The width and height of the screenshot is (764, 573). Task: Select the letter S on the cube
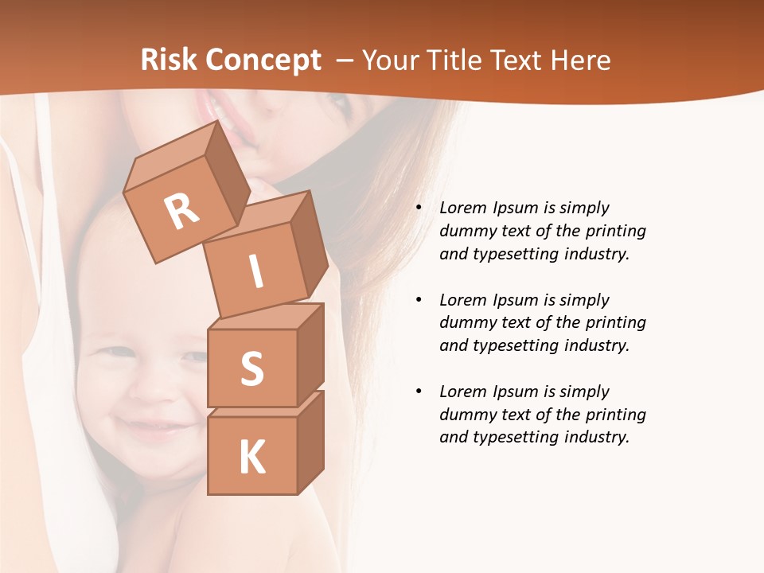click(251, 369)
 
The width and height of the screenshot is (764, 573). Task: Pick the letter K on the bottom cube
click(251, 458)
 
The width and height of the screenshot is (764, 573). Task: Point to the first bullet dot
click(419, 208)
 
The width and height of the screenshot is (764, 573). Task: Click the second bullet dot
click(419, 300)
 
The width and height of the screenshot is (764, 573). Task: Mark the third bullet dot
click(419, 392)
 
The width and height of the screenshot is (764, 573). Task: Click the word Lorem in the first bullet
click(462, 208)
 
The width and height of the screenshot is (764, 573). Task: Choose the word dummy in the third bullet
click(464, 415)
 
